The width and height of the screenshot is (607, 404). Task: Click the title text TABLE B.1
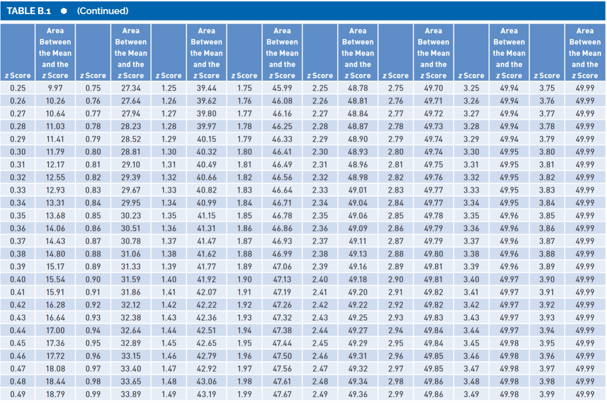(28, 11)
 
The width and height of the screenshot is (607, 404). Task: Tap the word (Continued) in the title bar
(103, 11)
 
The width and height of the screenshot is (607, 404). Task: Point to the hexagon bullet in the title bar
(63, 11)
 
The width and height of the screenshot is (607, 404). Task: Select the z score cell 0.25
(18, 88)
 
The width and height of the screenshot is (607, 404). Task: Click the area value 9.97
(55, 88)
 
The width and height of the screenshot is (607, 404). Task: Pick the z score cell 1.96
(245, 356)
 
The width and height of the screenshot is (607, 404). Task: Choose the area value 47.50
(282, 356)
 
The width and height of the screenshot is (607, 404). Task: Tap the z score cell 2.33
(320, 190)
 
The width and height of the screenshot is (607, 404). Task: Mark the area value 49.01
(358, 190)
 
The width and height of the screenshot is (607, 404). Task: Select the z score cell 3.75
(547, 88)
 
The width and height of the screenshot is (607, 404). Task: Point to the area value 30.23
(131, 216)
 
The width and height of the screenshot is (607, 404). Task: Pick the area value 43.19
(206, 394)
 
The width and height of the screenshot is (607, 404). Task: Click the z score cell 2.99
(396, 394)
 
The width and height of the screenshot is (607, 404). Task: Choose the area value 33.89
(131, 394)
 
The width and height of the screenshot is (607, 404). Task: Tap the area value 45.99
(282, 88)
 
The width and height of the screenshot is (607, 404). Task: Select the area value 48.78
(358, 88)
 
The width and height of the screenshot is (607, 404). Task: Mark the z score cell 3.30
(471, 152)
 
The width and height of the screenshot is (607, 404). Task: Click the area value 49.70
(433, 88)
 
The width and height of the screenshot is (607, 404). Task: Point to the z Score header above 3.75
(547, 76)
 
